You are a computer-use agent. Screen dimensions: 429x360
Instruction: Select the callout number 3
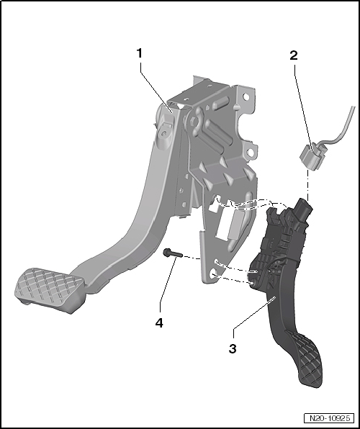point(233,349)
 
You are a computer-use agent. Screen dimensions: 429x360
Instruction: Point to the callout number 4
point(158,322)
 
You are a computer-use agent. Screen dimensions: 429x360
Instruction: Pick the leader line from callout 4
point(166,288)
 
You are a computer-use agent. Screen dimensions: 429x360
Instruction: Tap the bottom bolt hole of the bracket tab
point(214,274)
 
